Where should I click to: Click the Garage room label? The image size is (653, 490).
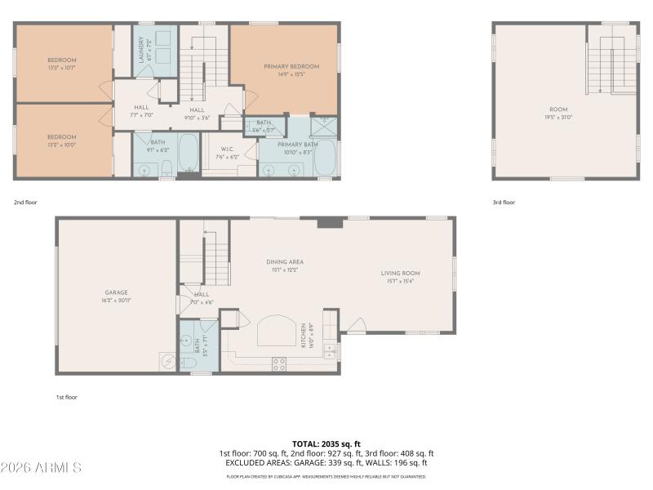coord(116,292)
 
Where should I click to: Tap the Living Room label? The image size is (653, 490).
coord(400,274)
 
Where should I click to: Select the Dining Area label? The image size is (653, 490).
coord(284,262)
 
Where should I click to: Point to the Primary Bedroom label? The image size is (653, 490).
coord(291,66)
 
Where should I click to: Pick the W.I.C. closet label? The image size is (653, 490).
coord(226,149)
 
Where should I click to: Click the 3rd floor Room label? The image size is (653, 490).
coord(558,109)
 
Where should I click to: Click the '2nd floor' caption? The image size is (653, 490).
coord(25,202)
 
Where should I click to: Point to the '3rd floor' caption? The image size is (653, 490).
coord(504,202)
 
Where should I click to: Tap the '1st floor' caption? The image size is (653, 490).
coord(66,397)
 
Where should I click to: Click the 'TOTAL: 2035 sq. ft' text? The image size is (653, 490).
coord(326,443)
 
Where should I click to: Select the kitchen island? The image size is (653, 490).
coord(273,332)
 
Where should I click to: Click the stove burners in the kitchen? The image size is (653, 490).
coord(278,363)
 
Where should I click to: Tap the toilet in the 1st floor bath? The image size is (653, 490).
coord(188,363)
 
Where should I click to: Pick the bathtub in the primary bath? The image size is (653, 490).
coord(326,158)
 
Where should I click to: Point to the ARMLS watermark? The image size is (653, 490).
coord(41,468)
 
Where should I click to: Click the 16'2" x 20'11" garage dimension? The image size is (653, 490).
coord(116,300)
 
